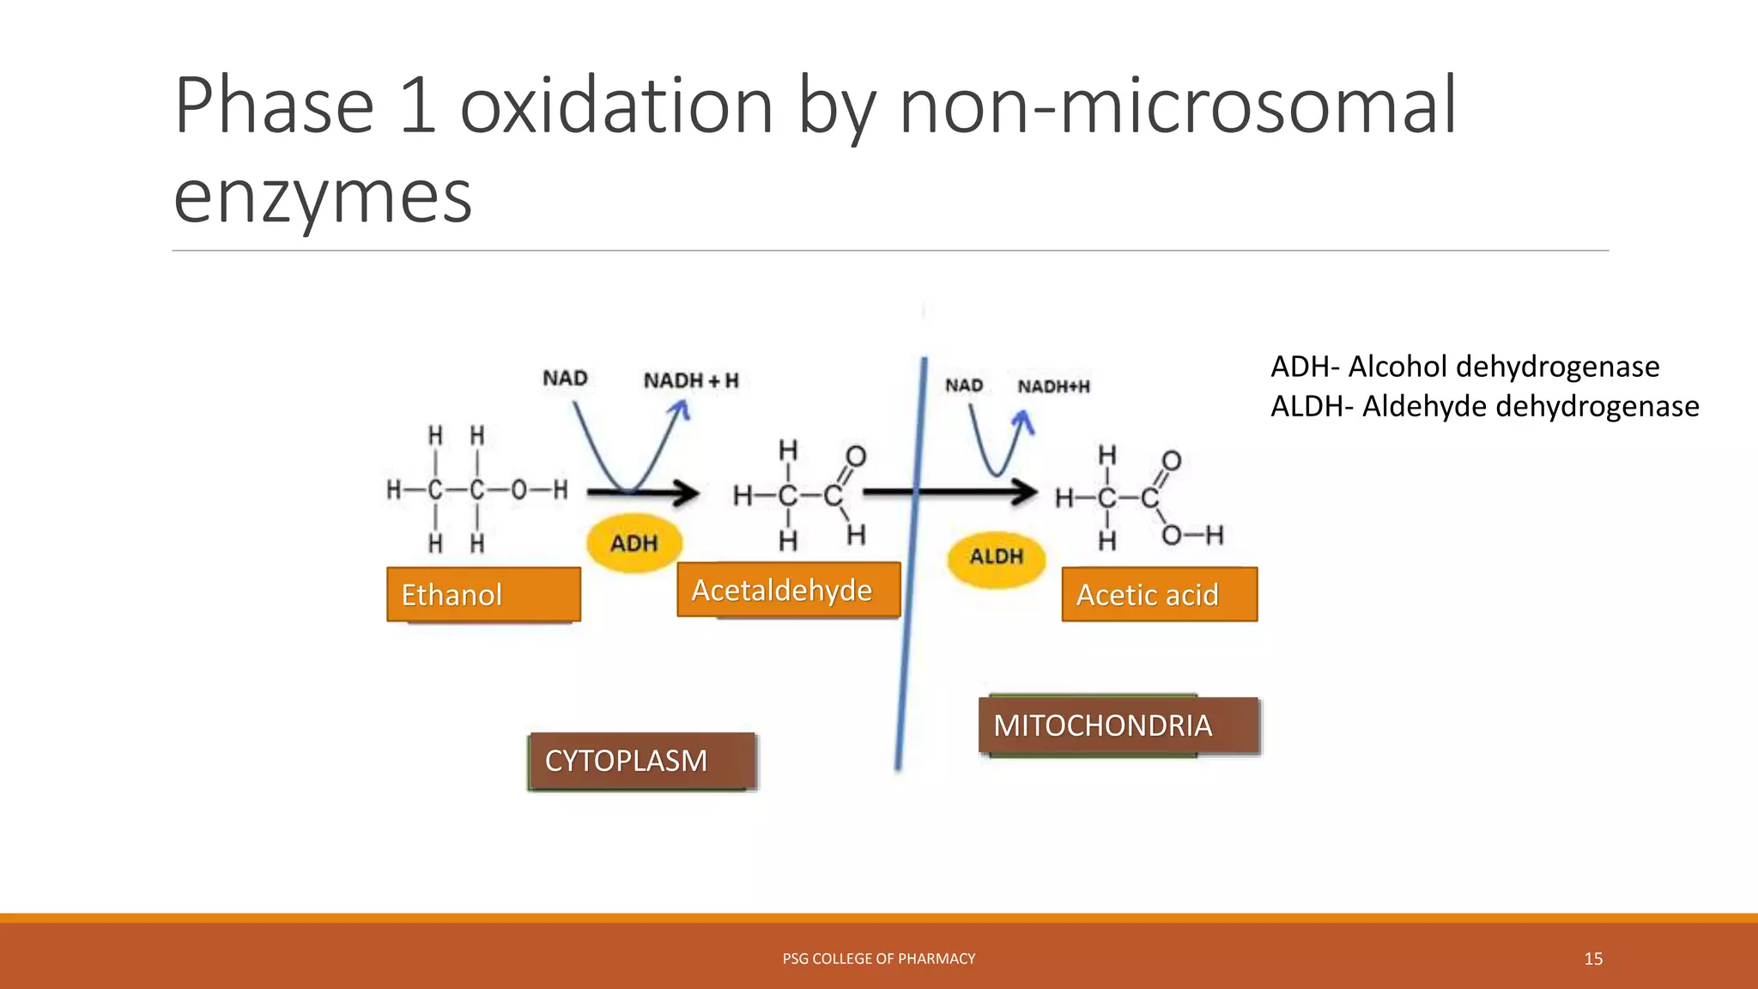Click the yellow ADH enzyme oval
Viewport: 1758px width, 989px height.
click(x=634, y=543)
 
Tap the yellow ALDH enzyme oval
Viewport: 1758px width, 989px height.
click(x=997, y=557)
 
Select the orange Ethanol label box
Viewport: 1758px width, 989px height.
click(x=483, y=594)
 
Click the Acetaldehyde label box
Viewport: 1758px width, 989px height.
click(x=788, y=590)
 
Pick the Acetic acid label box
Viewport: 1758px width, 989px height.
click(x=1159, y=594)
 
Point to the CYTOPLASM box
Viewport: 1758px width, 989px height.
click(x=641, y=761)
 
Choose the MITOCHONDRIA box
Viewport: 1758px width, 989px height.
click(x=1118, y=725)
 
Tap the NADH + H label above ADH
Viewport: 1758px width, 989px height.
click(x=691, y=380)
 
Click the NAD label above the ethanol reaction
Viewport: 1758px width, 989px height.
click(x=565, y=379)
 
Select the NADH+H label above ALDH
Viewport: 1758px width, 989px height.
click(x=1053, y=386)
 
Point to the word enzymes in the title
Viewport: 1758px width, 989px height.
click(x=323, y=197)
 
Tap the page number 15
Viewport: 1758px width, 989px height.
click(x=1593, y=959)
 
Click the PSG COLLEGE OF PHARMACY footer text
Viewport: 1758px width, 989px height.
click(x=879, y=959)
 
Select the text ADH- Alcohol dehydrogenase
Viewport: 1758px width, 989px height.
click(x=1464, y=367)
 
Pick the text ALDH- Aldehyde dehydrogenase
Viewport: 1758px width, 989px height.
click(x=1484, y=406)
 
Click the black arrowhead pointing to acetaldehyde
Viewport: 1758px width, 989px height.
click(x=687, y=493)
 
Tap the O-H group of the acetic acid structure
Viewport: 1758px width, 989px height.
click(x=1192, y=537)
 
